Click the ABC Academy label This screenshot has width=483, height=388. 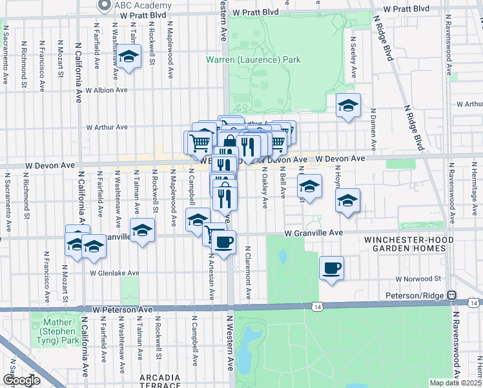click(x=138, y=6)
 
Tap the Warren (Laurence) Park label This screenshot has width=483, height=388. click(x=253, y=60)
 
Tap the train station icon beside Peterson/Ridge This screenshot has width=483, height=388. click(x=453, y=294)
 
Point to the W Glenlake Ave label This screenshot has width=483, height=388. click(x=114, y=273)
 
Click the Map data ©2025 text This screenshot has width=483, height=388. click(x=455, y=383)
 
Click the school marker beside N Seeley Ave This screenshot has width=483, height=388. click(x=348, y=105)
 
